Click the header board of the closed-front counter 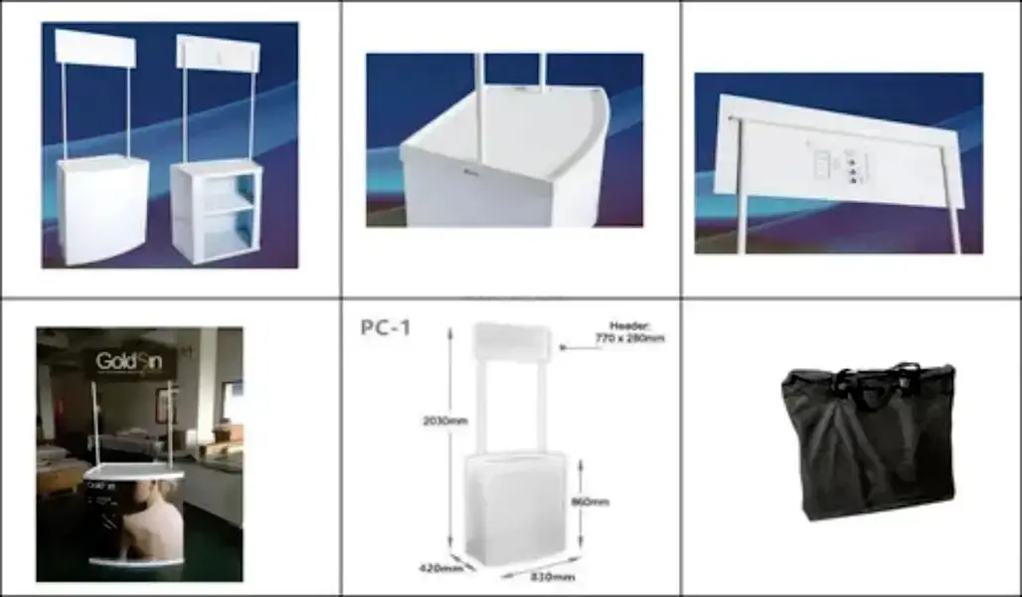94,48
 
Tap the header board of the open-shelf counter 218,52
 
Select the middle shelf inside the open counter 228,202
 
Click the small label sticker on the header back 822,164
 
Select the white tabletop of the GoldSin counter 133,475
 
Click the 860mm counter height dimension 590,501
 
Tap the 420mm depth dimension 433,568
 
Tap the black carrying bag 867,448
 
